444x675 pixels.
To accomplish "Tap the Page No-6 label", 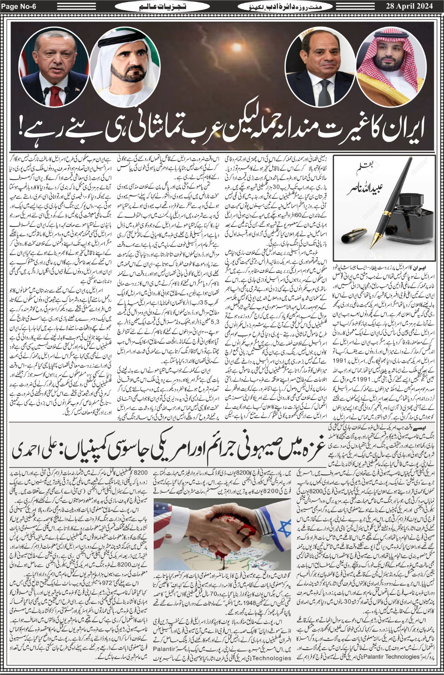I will [20, 6].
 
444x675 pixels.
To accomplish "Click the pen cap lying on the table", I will [355, 234].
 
